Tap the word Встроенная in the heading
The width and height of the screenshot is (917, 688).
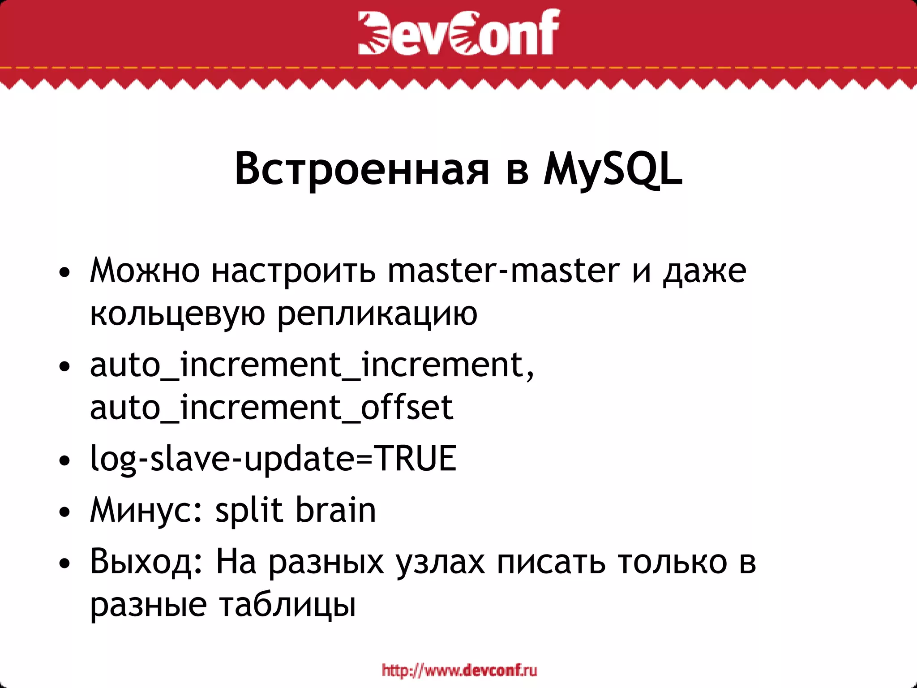[x=362, y=169]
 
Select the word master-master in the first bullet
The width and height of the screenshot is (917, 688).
[x=504, y=271]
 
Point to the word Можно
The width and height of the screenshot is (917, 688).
[x=145, y=271]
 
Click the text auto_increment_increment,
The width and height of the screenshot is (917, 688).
[x=312, y=365]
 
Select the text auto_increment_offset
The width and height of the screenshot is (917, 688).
[x=271, y=408]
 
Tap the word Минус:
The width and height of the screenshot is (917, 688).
[x=147, y=510]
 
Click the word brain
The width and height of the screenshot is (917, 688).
[x=336, y=510]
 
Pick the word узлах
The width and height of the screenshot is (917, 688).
[x=440, y=563]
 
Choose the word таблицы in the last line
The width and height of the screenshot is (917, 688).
[x=287, y=605]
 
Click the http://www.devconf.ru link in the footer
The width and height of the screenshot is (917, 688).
[x=459, y=671]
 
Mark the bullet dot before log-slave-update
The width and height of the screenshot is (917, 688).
[x=65, y=460]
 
